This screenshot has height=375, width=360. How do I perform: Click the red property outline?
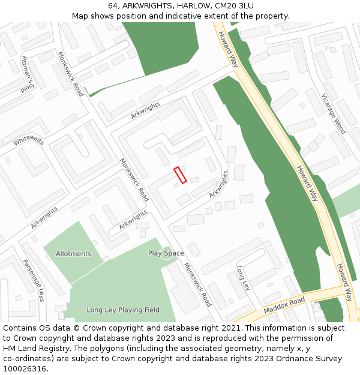point(180,175)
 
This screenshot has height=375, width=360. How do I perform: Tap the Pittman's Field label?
point(29,74)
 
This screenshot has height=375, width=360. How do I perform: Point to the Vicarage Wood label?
point(333,113)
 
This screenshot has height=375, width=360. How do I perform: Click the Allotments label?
point(73,254)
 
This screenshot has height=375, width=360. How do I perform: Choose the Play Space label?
point(166,253)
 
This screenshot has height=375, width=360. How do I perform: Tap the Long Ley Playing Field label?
point(123,310)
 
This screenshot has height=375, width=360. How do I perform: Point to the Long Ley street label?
point(243,278)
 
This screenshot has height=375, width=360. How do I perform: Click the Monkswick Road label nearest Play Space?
point(197,284)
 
